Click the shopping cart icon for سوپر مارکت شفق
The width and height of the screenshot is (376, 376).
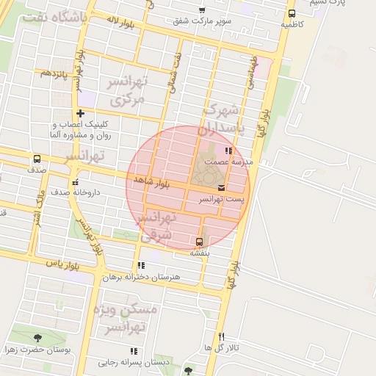(x=202, y=10)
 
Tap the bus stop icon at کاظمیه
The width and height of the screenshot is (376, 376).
(x=292, y=13)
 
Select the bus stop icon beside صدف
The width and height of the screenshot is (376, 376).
(x=37, y=159)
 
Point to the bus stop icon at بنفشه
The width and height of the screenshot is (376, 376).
(x=199, y=241)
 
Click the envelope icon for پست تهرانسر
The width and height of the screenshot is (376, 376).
(x=222, y=189)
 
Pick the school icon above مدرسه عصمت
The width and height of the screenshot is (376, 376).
(x=229, y=151)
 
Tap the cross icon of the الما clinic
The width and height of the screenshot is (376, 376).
(x=80, y=113)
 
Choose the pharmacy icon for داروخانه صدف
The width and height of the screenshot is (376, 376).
(x=74, y=182)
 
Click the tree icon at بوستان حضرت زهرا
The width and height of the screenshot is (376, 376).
(x=38, y=338)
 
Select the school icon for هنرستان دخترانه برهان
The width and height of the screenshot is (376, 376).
(x=140, y=266)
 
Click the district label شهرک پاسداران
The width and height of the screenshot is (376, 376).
(x=223, y=119)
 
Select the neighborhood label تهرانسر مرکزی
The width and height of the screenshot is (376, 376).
(x=126, y=90)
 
